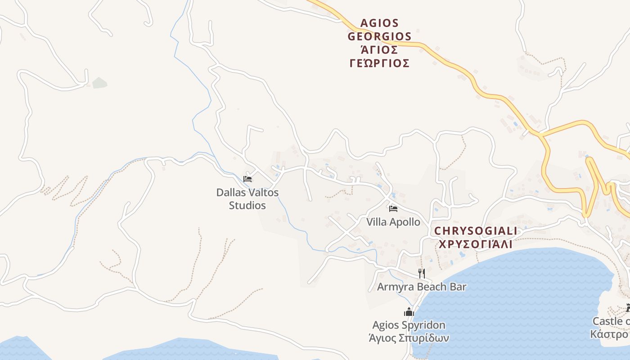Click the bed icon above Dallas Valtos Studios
point(247,179)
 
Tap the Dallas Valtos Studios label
point(247,198)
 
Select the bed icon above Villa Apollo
point(393,208)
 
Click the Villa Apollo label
point(393,222)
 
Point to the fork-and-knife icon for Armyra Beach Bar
point(421,273)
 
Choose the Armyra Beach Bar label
point(421,287)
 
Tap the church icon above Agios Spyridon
point(409,311)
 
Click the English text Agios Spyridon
point(409,325)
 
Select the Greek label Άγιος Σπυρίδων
point(409,338)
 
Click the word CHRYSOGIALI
point(476,231)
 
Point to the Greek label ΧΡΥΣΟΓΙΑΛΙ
point(476,244)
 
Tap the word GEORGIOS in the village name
point(379,36)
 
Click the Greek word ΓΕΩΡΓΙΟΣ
point(379,63)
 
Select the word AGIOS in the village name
point(379,23)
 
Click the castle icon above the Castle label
point(628,308)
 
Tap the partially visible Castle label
point(611,321)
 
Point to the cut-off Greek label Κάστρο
point(610,334)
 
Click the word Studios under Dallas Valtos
point(247,206)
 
